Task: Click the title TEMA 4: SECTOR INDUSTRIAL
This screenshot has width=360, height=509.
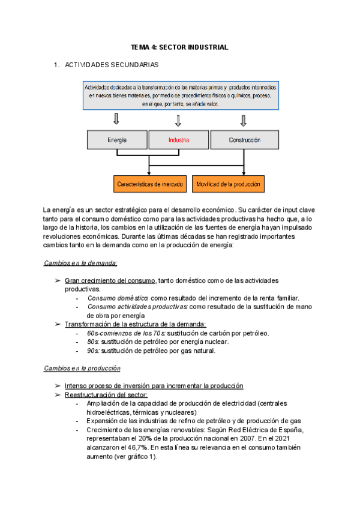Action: [180, 47]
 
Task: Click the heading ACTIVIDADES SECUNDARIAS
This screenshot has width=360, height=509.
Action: [112, 64]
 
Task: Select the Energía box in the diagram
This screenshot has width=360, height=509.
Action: [117, 140]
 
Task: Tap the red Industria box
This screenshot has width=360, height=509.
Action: [179, 140]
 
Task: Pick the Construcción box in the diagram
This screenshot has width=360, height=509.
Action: [244, 140]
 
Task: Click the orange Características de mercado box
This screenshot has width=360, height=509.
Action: [150, 184]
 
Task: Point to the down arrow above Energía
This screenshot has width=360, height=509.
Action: [117, 121]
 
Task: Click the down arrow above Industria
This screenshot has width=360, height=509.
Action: [178, 121]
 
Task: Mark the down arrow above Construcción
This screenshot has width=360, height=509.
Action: [243, 121]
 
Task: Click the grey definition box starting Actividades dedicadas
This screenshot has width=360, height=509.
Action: [180, 95]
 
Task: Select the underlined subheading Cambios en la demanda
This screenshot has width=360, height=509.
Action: [80, 263]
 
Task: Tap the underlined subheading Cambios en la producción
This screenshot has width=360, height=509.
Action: [82, 368]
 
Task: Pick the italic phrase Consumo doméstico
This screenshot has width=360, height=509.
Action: [118, 298]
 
